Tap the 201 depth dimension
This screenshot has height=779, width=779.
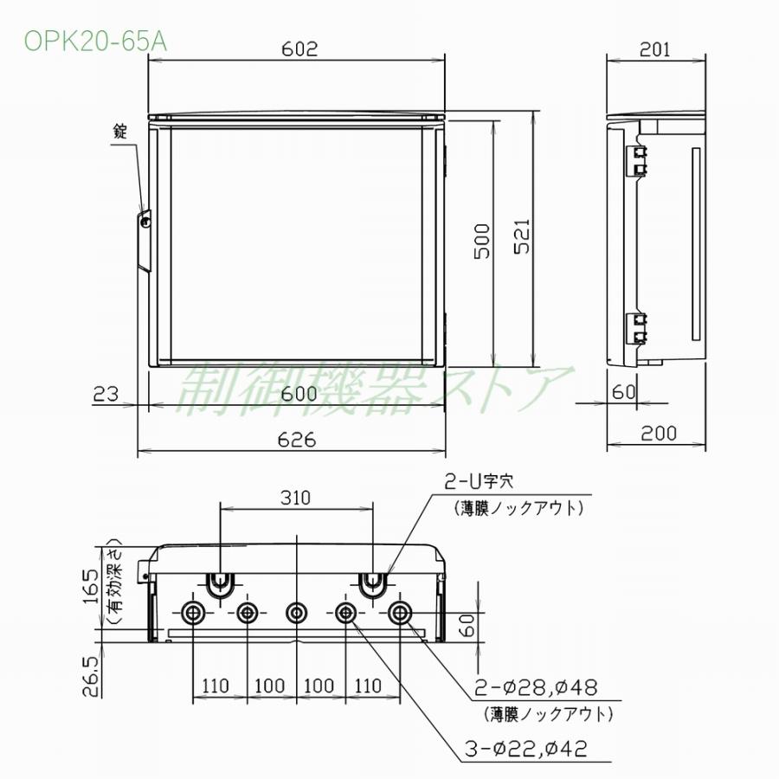pos(656,49)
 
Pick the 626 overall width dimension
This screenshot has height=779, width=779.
pos(298,440)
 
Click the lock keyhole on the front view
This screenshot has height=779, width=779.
pos(145,222)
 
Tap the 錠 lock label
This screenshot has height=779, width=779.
pos(120,132)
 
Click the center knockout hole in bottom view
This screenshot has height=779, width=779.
pos(297,613)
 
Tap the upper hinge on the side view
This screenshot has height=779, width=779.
pos(639,159)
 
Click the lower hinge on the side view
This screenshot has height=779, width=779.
pos(639,327)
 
